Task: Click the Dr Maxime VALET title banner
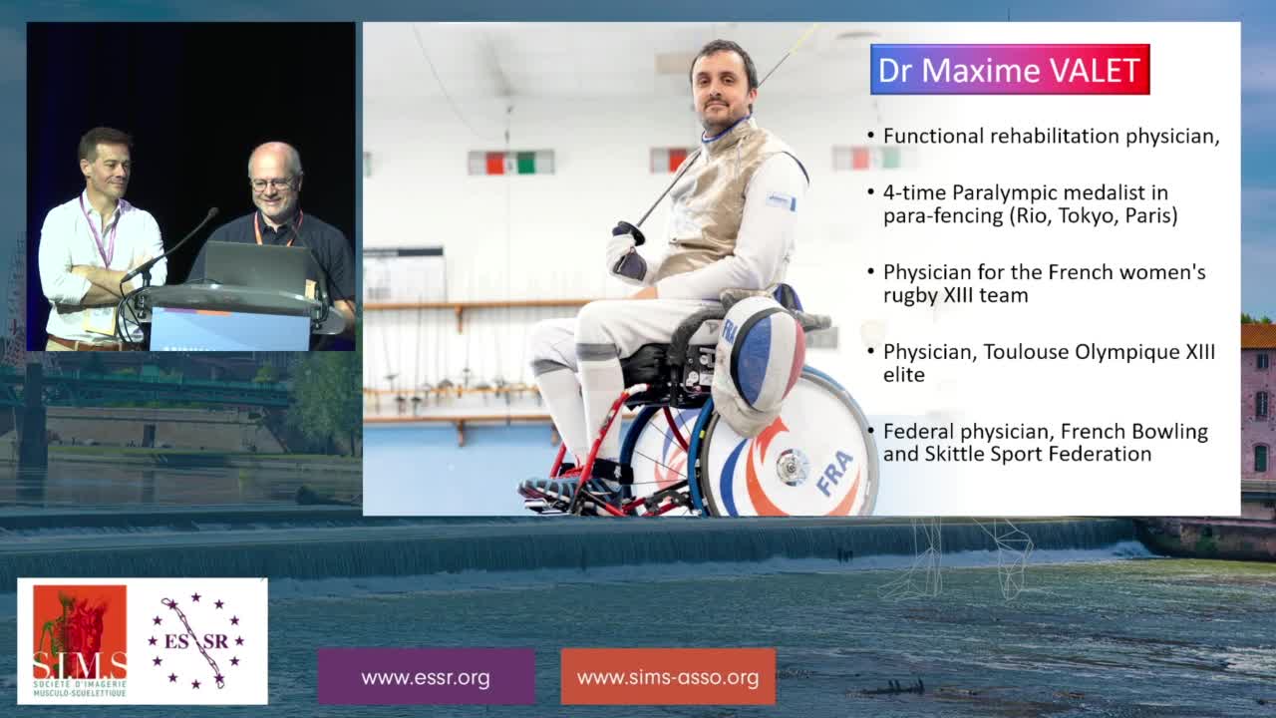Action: pyautogui.click(x=1010, y=70)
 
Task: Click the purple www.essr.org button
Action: pyautogui.click(x=426, y=677)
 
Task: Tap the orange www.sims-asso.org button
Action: pyautogui.click(x=668, y=677)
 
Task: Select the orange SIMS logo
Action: pyautogui.click(x=80, y=641)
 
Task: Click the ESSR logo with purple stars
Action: pyautogui.click(x=196, y=640)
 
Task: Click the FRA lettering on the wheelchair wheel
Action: pyautogui.click(x=834, y=473)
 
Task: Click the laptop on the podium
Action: pyautogui.click(x=256, y=266)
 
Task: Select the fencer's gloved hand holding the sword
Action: pyautogui.click(x=627, y=250)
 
